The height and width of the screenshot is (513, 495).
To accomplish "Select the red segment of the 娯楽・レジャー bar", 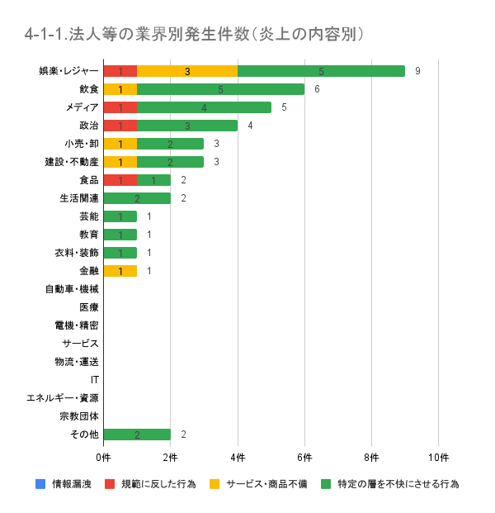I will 120,71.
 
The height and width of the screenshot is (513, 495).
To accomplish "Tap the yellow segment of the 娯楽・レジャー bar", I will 187,71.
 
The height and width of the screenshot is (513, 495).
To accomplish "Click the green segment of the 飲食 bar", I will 220,89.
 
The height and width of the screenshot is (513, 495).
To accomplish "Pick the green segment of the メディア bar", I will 204,107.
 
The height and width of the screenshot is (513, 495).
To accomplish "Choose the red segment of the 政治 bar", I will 120,126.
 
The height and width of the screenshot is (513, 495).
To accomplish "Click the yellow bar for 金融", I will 120,271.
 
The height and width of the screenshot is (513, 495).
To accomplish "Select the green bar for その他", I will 137,435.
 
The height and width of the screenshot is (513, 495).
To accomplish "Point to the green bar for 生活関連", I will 137,198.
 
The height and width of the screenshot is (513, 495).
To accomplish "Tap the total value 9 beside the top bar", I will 417,71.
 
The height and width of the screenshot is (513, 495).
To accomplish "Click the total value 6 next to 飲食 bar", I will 317,89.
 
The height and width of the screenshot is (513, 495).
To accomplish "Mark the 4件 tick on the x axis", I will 238,457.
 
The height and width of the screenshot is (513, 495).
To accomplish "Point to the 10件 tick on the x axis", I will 438,457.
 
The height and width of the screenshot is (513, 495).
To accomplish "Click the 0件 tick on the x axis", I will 103,457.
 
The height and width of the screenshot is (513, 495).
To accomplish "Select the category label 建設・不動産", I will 72,162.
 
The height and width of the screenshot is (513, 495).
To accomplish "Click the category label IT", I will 95,380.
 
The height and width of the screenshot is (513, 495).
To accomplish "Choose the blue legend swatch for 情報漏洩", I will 40,483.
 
